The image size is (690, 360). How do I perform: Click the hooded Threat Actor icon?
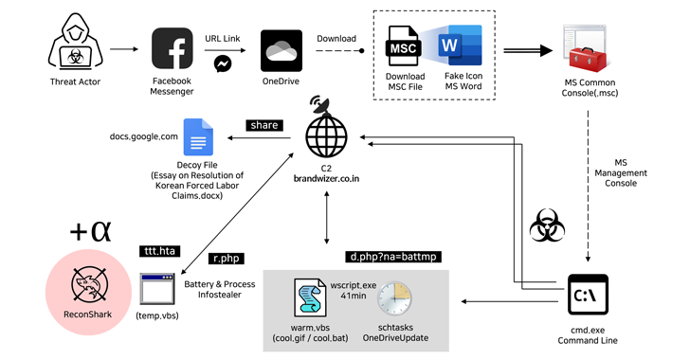75,46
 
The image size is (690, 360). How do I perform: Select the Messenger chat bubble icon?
223,64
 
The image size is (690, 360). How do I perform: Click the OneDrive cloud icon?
281,47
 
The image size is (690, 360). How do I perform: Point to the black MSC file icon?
405,46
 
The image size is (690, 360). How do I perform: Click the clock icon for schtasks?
392,298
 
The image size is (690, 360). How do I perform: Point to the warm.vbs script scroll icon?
311,297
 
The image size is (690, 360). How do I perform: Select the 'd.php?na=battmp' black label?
392,257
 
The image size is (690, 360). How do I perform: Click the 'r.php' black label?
226,258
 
